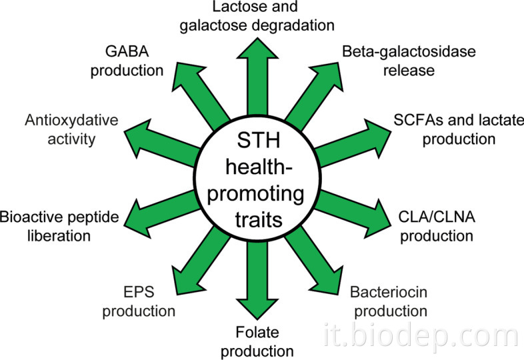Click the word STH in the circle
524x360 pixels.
point(255,142)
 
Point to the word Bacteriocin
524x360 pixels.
point(387,293)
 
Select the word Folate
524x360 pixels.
point(255,331)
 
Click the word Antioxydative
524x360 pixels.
point(71,121)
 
